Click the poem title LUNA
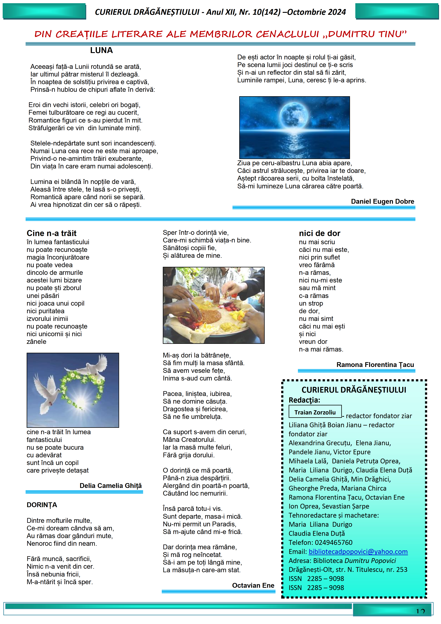coord(101,50)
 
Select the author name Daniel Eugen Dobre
coord(382,201)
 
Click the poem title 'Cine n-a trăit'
coord(52,233)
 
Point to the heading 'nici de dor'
coord(319,233)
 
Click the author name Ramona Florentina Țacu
coord(375,365)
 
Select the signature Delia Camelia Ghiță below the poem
coord(111,486)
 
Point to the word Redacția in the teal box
coord(304,400)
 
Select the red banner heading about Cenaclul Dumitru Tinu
coord(220,34)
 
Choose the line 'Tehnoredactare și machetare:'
coord(333,515)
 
